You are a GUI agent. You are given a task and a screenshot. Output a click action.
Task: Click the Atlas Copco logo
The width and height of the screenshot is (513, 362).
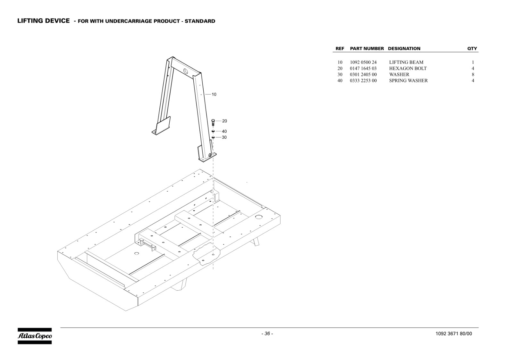tap(35, 336)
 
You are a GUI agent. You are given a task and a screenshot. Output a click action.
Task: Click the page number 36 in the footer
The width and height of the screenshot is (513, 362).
tap(267, 333)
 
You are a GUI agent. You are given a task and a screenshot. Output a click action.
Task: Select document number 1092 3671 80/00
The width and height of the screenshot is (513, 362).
tap(454, 333)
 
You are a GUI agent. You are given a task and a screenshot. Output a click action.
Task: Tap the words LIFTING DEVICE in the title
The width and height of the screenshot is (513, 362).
tap(44, 21)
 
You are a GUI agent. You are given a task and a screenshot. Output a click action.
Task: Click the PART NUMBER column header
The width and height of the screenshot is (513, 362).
tap(367, 48)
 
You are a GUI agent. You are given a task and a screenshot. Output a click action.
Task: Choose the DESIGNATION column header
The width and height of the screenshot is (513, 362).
tap(404, 48)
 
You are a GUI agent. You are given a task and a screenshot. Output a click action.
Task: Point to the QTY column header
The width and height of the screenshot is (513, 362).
tap(472, 48)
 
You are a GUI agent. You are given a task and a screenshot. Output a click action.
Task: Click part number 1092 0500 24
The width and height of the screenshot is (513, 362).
tap(363, 62)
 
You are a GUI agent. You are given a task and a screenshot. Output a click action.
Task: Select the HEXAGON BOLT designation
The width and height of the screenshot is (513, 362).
tap(408, 69)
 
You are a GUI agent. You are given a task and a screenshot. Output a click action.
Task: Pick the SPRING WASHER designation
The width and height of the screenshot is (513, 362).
tap(408, 80)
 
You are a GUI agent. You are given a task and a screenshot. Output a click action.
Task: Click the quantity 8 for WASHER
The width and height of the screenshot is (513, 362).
tap(473, 74)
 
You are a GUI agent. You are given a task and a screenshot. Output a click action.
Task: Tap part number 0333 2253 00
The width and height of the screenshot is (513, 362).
tap(363, 80)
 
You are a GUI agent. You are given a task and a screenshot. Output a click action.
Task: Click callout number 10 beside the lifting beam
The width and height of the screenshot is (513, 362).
tap(214, 94)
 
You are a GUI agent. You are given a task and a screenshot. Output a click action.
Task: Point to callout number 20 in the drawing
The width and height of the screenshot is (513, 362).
tap(224, 121)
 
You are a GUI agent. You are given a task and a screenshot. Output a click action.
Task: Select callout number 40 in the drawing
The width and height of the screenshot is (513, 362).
tap(224, 131)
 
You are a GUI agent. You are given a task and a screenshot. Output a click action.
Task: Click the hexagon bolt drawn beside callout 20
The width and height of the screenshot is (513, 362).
tap(213, 122)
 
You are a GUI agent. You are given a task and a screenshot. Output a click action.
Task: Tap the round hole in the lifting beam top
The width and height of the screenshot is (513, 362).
tap(186, 70)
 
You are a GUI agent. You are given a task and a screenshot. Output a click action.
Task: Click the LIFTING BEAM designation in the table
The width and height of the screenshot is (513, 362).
tap(406, 62)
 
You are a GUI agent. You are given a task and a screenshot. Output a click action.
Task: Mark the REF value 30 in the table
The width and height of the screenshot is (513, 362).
tap(340, 74)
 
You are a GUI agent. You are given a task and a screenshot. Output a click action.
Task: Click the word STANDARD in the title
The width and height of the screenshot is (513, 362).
tap(200, 21)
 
